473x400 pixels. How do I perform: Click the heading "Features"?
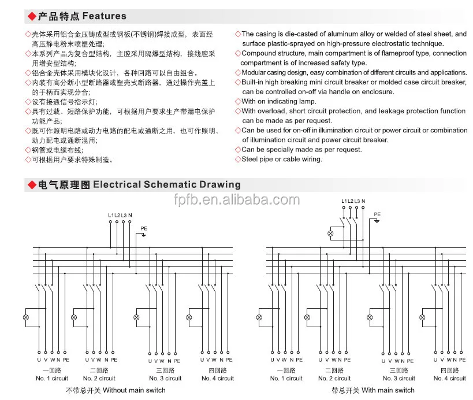(x=105, y=16)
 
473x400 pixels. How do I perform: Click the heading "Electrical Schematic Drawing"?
(x=167, y=185)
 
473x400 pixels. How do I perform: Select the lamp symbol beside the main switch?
(x=331, y=234)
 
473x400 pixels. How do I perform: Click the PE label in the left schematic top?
(x=144, y=229)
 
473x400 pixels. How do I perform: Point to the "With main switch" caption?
(x=389, y=390)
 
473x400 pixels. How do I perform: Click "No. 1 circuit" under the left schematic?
(x=51, y=379)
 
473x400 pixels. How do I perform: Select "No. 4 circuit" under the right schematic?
(x=449, y=379)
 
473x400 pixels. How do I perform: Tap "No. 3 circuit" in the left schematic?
(x=165, y=379)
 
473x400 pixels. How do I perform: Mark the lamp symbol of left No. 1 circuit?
(x=26, y=318)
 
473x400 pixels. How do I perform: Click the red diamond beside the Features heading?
(x=32, y=16)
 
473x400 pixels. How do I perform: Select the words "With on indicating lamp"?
(x=279, y=101)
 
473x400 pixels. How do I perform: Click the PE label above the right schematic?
(x=377, y=214)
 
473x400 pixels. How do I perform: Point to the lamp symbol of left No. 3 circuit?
(x=136, y=318)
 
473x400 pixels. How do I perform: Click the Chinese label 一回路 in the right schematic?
(x=286, y=370)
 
